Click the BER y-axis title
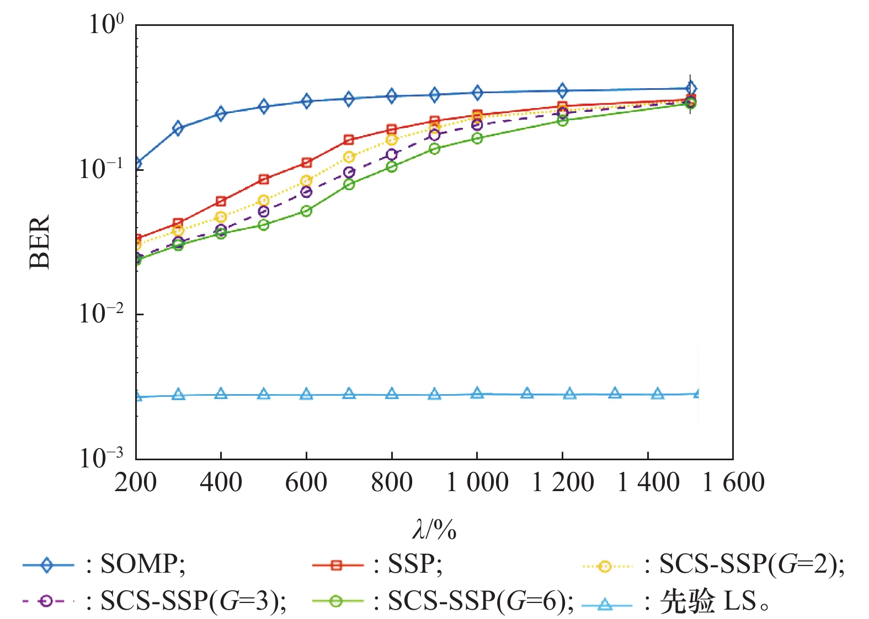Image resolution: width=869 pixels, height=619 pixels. point(40,241)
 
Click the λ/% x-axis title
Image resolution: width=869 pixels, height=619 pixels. point(434,530)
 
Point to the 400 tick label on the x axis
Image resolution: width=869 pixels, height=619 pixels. point(221,482)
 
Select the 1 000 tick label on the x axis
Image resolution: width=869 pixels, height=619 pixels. point(477,482)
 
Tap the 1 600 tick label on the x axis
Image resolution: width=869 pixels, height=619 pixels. point(733,482)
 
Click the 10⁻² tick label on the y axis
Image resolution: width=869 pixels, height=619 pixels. point(101,313)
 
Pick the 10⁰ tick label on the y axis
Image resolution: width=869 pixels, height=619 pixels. point(106,24)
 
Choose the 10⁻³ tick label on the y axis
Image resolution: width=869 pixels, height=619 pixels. point(101,457)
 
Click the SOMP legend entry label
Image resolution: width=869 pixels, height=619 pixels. point(142,564)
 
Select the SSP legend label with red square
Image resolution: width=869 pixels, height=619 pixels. point(415,564)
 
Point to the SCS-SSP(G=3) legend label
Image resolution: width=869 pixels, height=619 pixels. point(193,601)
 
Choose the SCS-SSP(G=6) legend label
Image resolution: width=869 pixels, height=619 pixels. point(481,601)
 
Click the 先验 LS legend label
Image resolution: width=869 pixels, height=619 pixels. point(715,601)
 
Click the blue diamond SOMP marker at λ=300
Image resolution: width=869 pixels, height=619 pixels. point(178,128)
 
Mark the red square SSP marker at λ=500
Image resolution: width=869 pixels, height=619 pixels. point(264,179)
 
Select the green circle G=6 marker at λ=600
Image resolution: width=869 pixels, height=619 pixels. point(306,211)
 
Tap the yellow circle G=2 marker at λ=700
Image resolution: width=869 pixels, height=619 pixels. point(349,157)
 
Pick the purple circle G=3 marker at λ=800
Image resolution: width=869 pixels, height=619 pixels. point(392,154)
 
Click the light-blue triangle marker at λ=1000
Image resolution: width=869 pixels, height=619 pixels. point(477,394)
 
